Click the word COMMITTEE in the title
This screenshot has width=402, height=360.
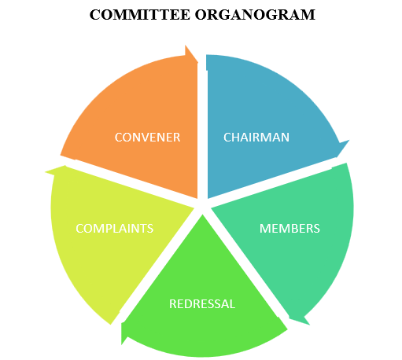(x=140, y=15)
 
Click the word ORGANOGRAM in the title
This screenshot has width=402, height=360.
(x=255, y=15)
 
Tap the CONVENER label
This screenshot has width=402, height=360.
(x=147, y=138)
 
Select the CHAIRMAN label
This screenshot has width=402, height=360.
(x=256, y=138)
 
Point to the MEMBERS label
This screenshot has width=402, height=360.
(x=290, y=229)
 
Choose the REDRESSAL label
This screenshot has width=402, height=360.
(x=202, y=304)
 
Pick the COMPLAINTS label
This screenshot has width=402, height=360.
(x=114, y=229)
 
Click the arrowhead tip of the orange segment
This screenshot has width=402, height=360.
(x=197, y=62)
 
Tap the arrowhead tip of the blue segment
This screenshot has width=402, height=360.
(x=349, y=141)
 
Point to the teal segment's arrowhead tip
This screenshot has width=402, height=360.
(x=310, y=325)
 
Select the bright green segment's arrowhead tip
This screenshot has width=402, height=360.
(x=122, y=344)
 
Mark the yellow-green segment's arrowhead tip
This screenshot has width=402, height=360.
(x=46, y=172)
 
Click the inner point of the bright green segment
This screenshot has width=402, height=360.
(x=202, y=215)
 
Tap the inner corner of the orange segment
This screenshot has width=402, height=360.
(x=197, y=198)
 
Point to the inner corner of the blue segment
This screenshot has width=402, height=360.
(x=208, y=198)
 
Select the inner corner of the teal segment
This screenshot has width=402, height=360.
(x=212, y=208)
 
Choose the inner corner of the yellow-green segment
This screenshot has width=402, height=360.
(x=194, y=208)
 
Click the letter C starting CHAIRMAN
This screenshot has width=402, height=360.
(x=227, y=138)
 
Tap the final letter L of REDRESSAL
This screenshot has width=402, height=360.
(x=232, y=304)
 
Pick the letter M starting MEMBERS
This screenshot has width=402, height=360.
(x=264, y=229)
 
